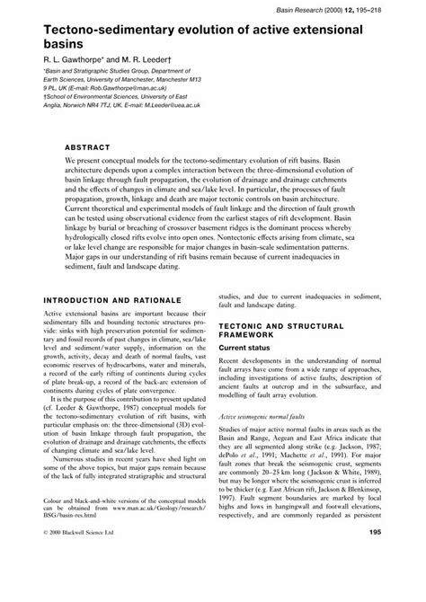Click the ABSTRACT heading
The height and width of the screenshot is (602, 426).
pyautogui.click(x=86, y=146)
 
